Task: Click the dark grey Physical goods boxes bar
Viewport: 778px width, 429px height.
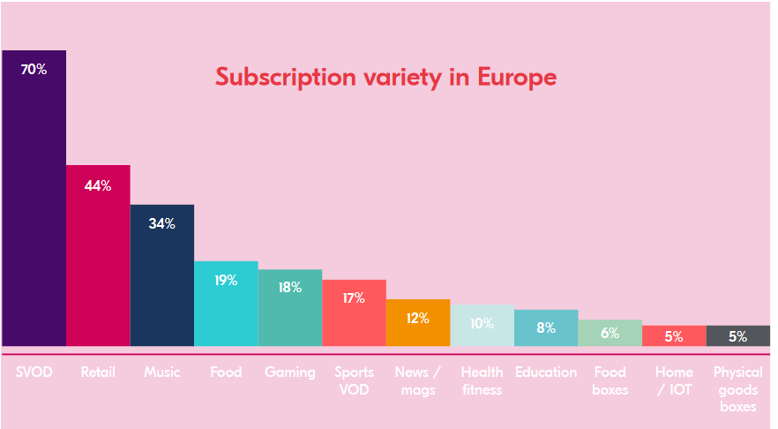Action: tap(738, 336)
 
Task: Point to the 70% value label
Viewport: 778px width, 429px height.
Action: tap(34, 69)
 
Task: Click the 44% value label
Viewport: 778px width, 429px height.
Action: tap(98, 185)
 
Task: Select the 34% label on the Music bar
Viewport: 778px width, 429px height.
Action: tap(162, 224)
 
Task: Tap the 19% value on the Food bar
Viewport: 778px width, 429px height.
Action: tap(226, 281)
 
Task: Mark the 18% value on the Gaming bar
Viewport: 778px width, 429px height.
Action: tap(290, 287)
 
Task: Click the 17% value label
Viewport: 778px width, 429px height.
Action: tap(354, 298)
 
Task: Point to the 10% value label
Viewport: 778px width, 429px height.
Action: tap(482, 323)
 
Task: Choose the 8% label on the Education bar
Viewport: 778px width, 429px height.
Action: tap(546, 327)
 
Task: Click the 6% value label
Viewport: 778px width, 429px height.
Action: tap(610, 333)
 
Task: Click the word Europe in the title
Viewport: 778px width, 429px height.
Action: tap(517, 77)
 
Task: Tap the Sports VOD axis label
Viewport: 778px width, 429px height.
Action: tap(354, 380)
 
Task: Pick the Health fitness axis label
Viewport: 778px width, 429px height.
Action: tap(482, 380)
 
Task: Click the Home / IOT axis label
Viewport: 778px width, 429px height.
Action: tap(674, 380)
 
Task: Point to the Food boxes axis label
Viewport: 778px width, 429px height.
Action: tap(610, 380)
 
